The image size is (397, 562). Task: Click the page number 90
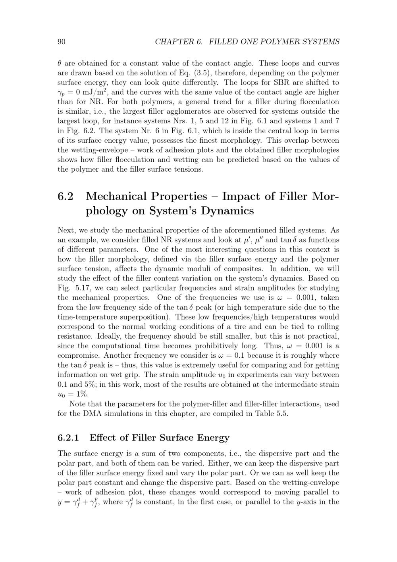point(62,42)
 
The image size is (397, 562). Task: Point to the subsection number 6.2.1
point(68,438)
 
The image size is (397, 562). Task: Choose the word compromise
point(78,356)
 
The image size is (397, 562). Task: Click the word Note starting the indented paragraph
point(78,404)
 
